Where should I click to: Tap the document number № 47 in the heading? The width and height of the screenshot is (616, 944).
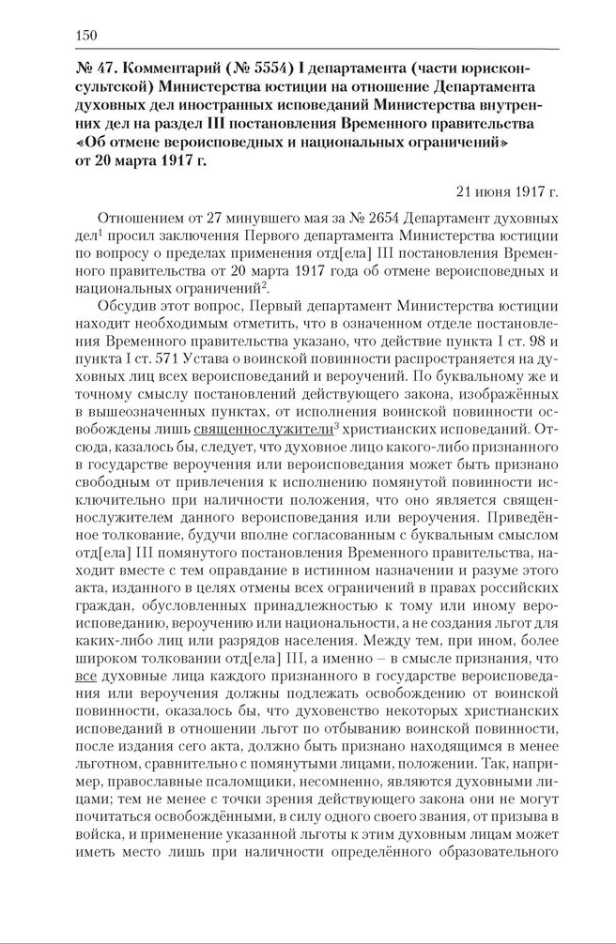tap(94, 69)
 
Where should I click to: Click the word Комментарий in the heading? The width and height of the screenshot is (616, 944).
tap(167, 69)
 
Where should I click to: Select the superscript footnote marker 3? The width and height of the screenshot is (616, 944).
tap(338, 423)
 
